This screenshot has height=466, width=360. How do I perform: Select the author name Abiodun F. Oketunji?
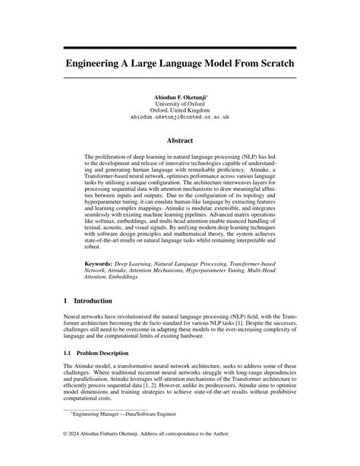click(x=179, y=98)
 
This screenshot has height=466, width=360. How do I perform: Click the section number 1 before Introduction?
click(x=65, y=301)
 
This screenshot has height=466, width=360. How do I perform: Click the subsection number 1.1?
click(x=68, y=354)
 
